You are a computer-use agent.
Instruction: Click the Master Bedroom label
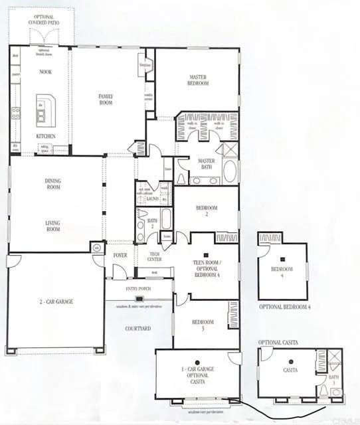coord(199,80)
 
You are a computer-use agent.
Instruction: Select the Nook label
coord(46,72)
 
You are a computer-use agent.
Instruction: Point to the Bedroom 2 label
coord(207,211)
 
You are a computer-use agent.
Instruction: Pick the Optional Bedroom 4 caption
coord(284,307)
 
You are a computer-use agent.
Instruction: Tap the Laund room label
coord(152,198)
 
